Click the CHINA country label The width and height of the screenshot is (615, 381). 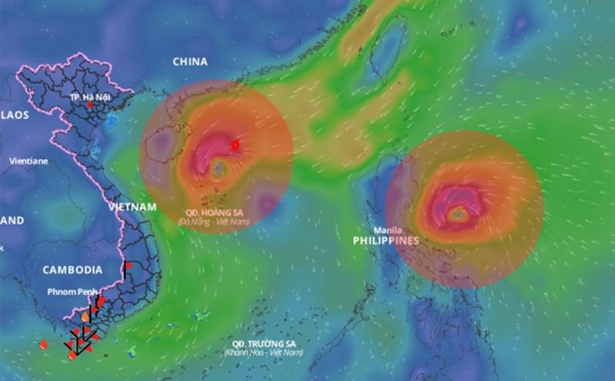coord(191,61)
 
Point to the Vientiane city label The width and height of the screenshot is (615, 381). coord(28,161)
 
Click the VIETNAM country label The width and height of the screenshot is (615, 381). coord(131,207)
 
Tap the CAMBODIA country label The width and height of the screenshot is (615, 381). coord(72,270)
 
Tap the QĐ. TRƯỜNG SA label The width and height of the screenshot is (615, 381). coord(264,343)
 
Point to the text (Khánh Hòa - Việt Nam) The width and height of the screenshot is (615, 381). coord(264,353)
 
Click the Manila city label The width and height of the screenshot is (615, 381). coord(388,230)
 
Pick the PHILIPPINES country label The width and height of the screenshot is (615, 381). coord(386,240)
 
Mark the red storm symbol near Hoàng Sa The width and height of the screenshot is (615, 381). coord(236,144)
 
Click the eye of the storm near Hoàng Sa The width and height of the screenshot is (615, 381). coord(219,167)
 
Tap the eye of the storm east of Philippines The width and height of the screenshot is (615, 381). coord(458,216)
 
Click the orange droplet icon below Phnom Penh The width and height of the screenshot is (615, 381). coord(85,316)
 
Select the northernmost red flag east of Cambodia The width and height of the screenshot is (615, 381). coord(128,266)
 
